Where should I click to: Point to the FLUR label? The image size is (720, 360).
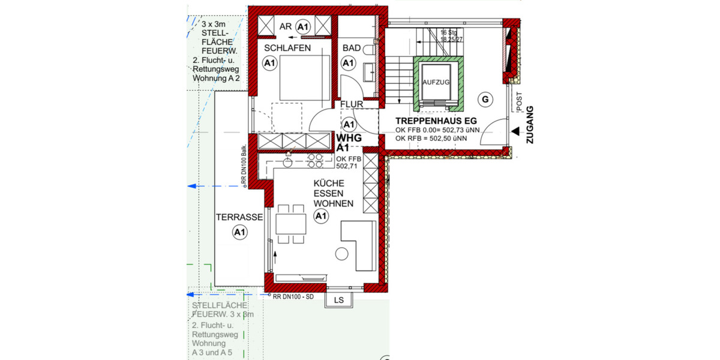point(352,104)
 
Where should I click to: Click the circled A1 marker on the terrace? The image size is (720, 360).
point(239,232)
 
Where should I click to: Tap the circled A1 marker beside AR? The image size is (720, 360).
point(303,26)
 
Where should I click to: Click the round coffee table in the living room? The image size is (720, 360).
point(341,254)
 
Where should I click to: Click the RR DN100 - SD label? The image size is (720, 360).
point(294,296)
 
